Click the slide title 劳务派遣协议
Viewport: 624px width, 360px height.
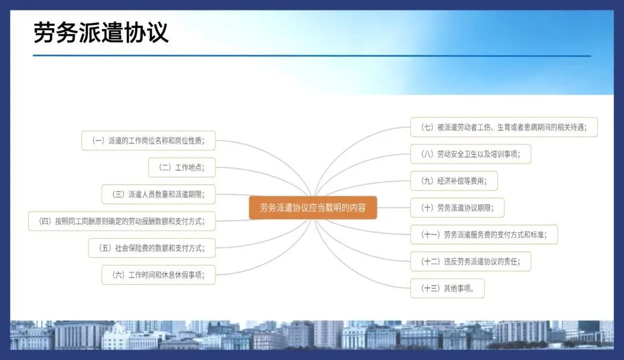click(x=101, y=32)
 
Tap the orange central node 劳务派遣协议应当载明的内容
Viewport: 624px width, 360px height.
click(x=313, y=207)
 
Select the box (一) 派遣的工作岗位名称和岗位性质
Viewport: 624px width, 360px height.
click(x=149, y=140)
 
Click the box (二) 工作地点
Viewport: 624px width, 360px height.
click(x=181, y=168)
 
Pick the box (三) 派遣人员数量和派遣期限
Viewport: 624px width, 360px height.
click(x=158, y=194)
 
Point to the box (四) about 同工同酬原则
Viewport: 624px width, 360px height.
click(x=122, y=221)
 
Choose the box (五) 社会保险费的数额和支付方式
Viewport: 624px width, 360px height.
click(x=151, y=248)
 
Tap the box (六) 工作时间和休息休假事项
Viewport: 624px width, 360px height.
click(x=158, y=274)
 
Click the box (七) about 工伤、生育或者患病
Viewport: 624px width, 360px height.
click(x=503, y=127)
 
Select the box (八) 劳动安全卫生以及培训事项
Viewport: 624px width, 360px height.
click(x=470, y=154)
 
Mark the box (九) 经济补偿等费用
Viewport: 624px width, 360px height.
click(x=454, y=181)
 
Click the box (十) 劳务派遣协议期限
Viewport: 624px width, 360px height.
click(x=456, y=207)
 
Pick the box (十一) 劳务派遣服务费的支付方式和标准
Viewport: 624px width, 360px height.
click(x=484, y=235)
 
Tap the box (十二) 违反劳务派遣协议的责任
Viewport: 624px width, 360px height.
click(x=470, y=261)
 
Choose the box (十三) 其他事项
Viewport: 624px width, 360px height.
click(x=447, y=288)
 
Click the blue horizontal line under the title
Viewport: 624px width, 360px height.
click(x=312, y=56)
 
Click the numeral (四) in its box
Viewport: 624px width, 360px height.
click(x=44, y=221)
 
